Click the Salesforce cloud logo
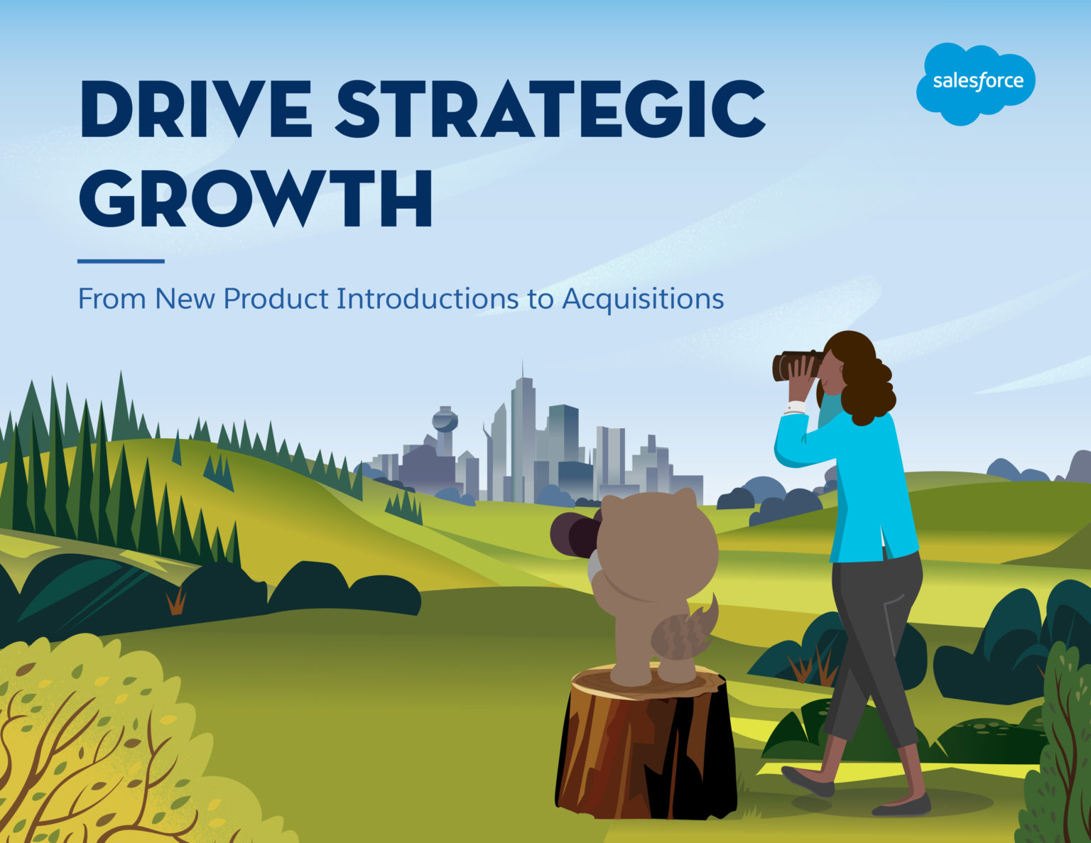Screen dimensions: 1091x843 click(975, 84)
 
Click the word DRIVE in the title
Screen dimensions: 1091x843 click(196, 109)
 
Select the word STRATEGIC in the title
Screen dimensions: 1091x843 click(550, 109)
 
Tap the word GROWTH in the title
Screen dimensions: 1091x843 click(256, 197)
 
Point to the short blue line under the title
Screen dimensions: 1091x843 click(121, 261)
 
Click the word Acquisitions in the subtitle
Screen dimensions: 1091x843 click(643, 298)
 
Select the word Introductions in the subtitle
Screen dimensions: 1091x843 click(428, 298)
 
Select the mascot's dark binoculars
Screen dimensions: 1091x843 click(574, 535)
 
